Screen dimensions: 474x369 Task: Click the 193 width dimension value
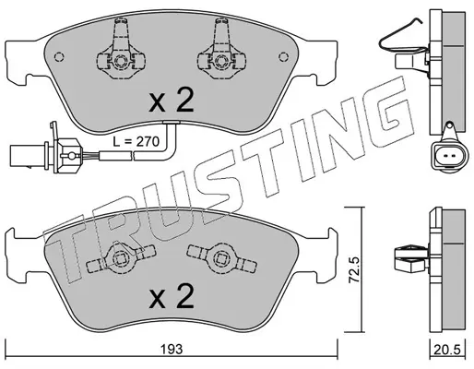click(x=172, y=349)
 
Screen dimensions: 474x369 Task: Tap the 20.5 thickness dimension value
click(x=447, y=350)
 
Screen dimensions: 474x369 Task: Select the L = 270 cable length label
click(x=136, y=142)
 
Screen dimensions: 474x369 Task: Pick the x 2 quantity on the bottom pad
click(x=172, y=295)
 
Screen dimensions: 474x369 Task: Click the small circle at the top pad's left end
click(x=59, y=57)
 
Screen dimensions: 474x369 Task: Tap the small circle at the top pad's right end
click(x=284, y=57)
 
